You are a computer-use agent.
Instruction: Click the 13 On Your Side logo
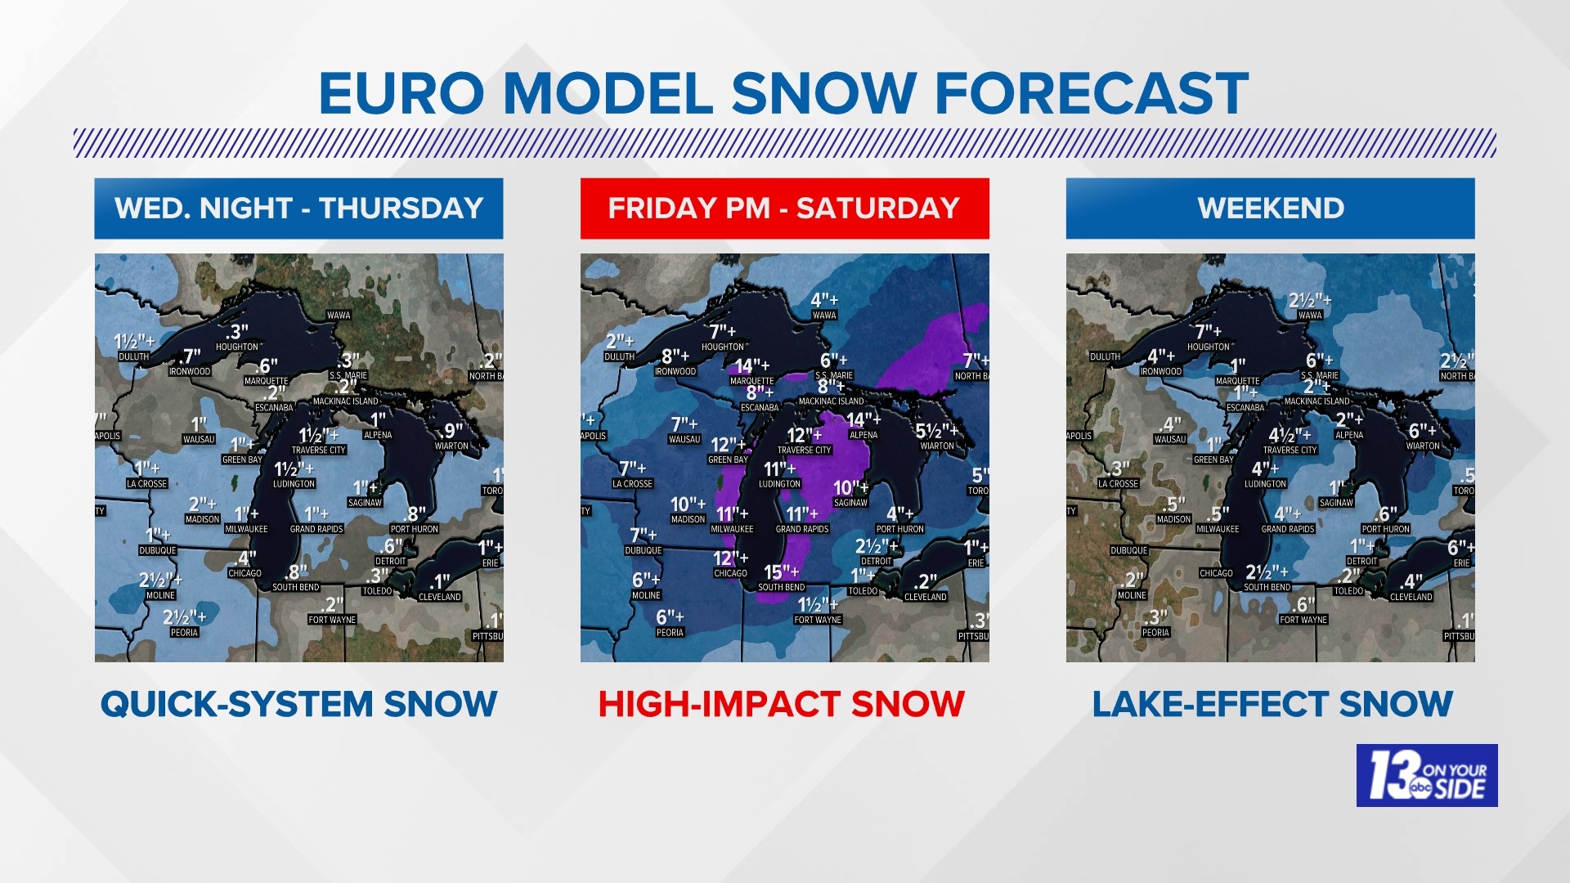[1427, 775]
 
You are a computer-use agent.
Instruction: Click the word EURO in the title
[401, 93]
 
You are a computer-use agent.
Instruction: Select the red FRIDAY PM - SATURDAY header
[784, 208]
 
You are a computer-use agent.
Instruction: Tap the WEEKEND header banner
[1270, 208]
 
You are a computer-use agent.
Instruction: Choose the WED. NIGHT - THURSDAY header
[298, 208]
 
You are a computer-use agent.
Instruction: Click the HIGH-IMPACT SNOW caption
[781, 704]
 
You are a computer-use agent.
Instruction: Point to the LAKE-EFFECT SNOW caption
[1272, 704]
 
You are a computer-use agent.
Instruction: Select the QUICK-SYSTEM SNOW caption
[298, 704]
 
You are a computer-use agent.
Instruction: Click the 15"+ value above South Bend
[781, 571]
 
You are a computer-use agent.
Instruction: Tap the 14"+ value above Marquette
[751, 365]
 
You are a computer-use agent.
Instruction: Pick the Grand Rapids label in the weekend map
[1288, 529]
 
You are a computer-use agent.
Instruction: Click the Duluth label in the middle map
[619, 356]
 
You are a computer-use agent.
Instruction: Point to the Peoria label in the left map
[184, 632]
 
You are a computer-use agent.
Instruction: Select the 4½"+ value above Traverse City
[1290, 435]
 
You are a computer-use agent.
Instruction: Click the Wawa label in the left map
[339, 315]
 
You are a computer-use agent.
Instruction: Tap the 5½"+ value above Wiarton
[936, 431]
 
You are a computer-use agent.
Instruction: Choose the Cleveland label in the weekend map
[1411, 597]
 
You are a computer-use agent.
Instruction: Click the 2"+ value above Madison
[202, 504]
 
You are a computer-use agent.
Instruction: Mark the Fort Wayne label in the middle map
[818, 620]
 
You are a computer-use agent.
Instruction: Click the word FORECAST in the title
[1091, 93]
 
